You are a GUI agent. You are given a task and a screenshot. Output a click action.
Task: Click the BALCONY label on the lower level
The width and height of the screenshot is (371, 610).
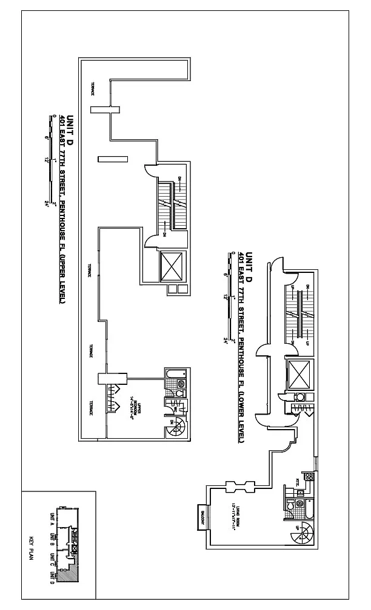[201, 517]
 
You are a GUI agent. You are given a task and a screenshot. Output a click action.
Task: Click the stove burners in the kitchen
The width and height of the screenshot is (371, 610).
[309, 477]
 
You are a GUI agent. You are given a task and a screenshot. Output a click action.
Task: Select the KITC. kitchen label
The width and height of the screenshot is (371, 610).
[298, 482]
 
